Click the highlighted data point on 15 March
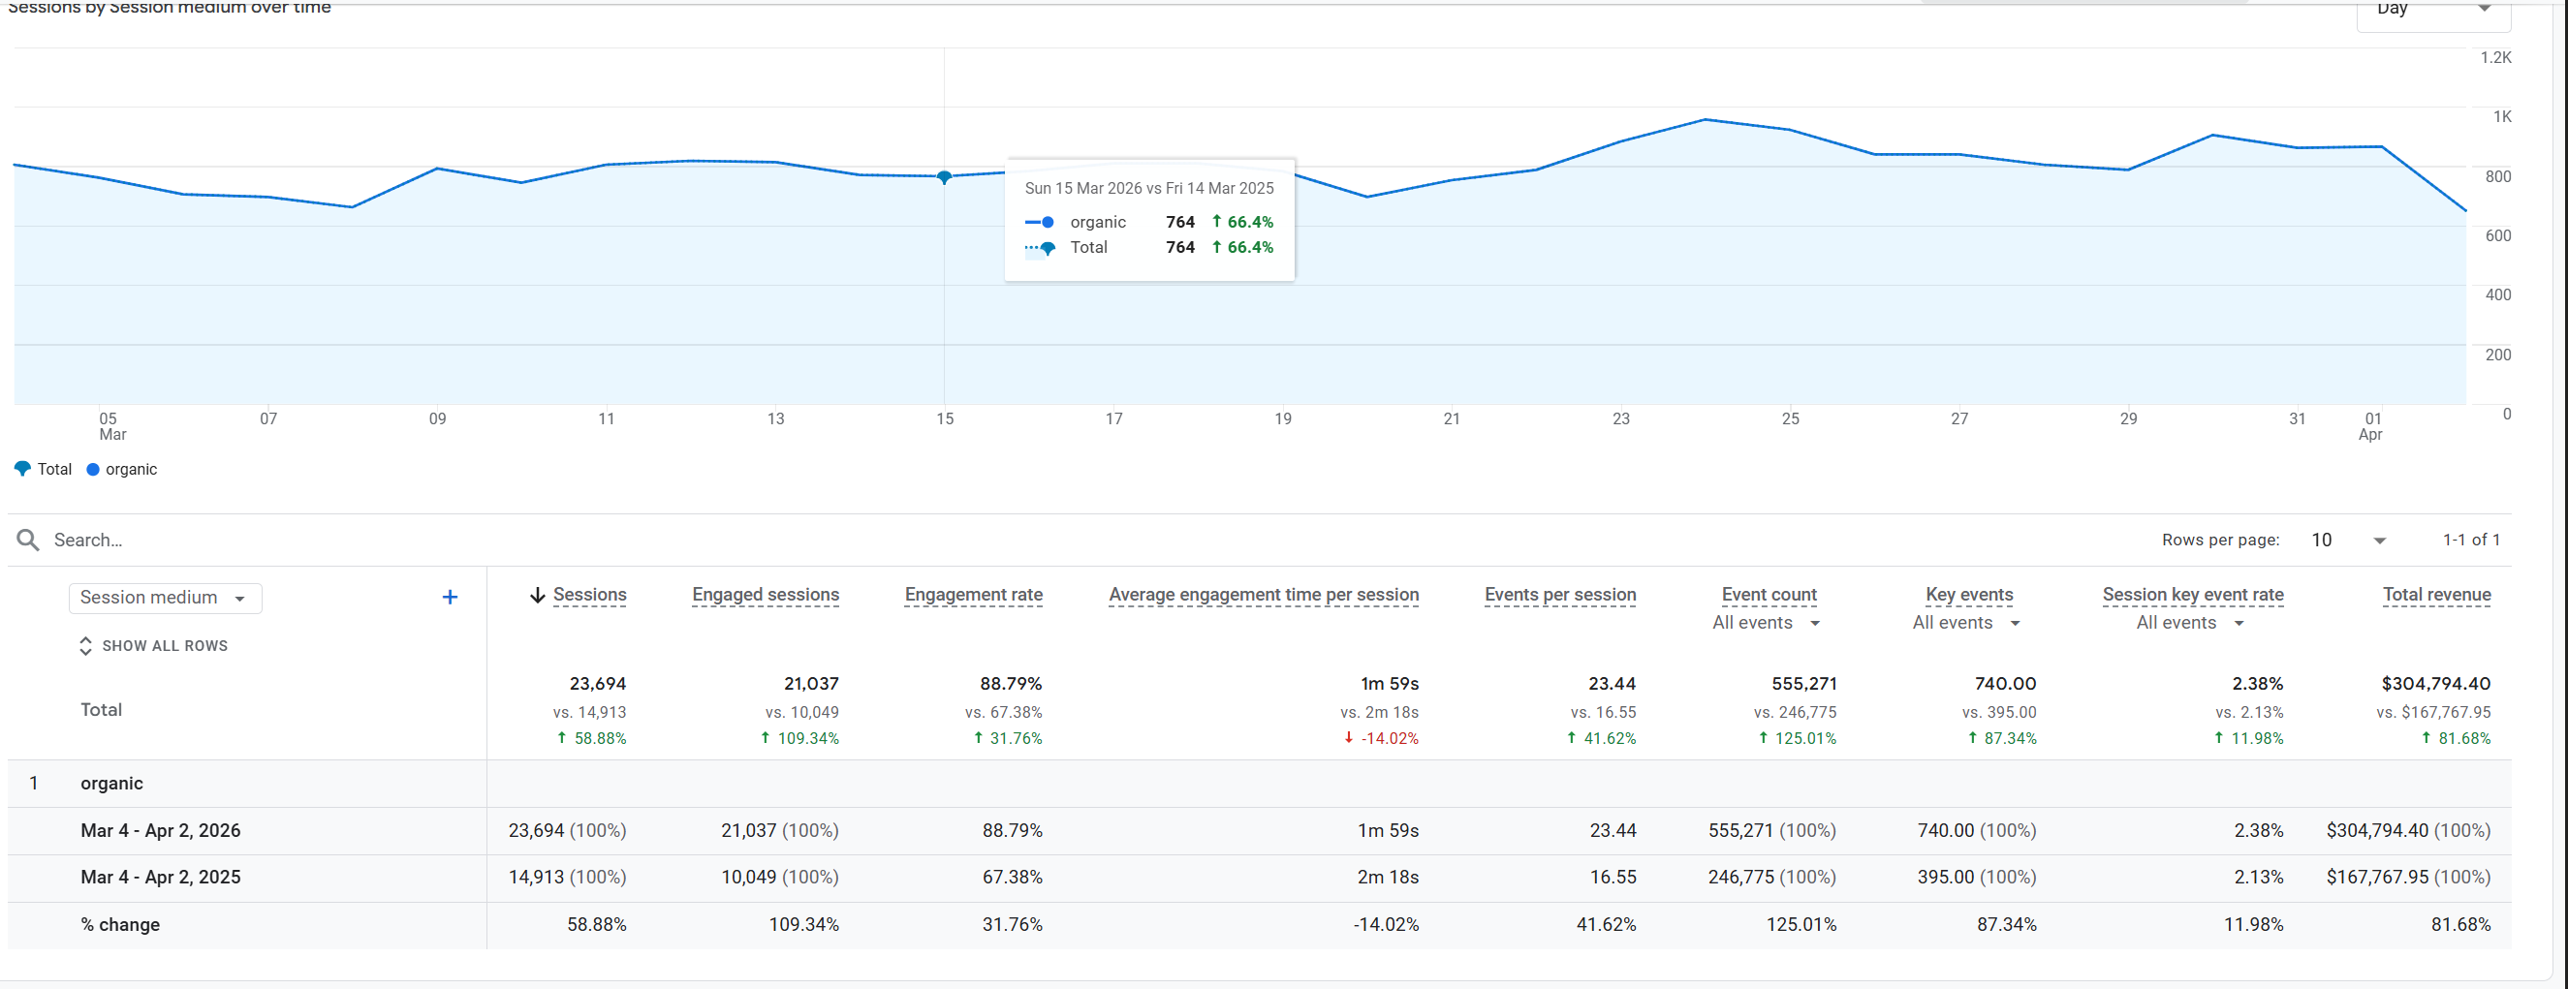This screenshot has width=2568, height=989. [944, 177]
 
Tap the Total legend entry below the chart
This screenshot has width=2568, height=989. [44, 470]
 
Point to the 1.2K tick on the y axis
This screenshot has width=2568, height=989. [2495, 58]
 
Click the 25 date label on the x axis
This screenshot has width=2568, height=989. [1791, 418]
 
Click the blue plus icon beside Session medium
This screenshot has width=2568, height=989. [450, 598]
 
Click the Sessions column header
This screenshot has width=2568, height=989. [589, 595]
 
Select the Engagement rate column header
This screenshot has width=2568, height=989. [973, 595]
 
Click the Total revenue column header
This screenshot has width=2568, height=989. [2436, 595]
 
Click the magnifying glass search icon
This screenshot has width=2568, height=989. [28, 541]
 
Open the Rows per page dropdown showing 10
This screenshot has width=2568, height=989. [2348, 541]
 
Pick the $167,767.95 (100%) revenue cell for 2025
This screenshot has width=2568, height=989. [2407, 878]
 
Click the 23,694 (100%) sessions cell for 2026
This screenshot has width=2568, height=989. [566, 830]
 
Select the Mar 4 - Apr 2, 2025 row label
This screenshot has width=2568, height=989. [161, 878]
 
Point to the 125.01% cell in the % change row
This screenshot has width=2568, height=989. [1801, 925]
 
